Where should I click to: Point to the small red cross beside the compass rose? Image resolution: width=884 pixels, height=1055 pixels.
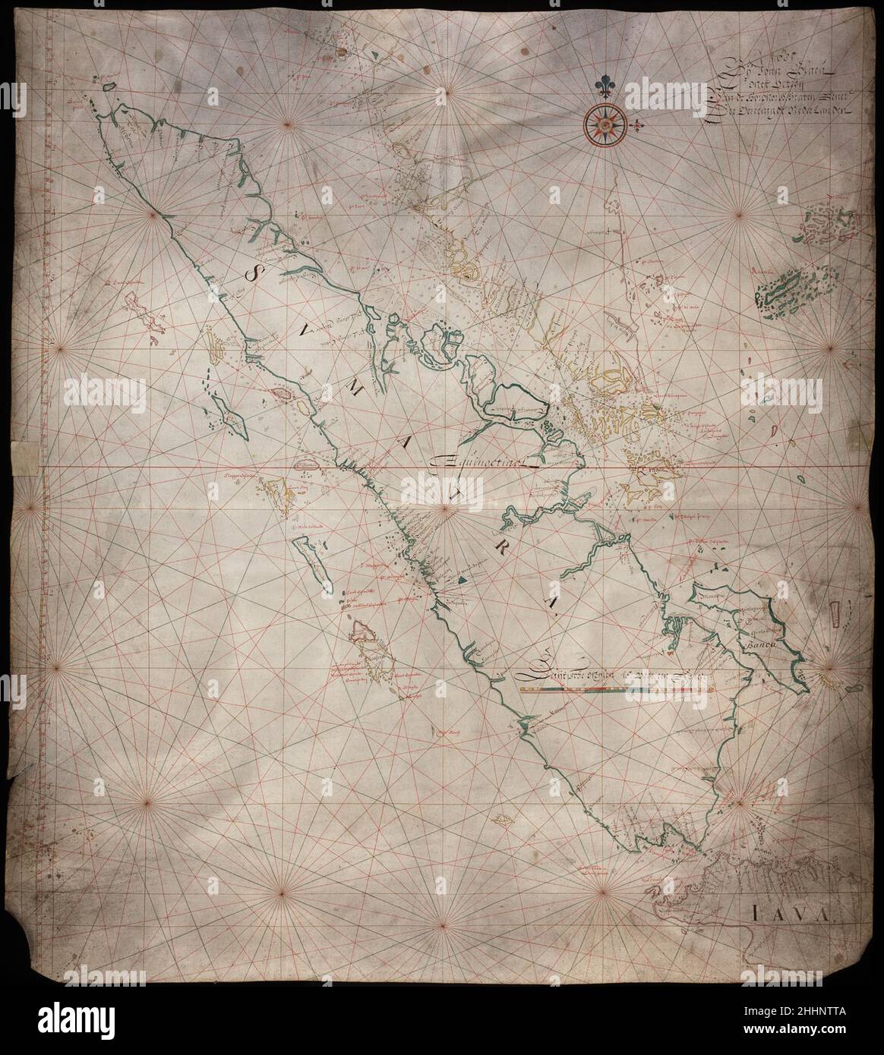(x=642, y=124)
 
